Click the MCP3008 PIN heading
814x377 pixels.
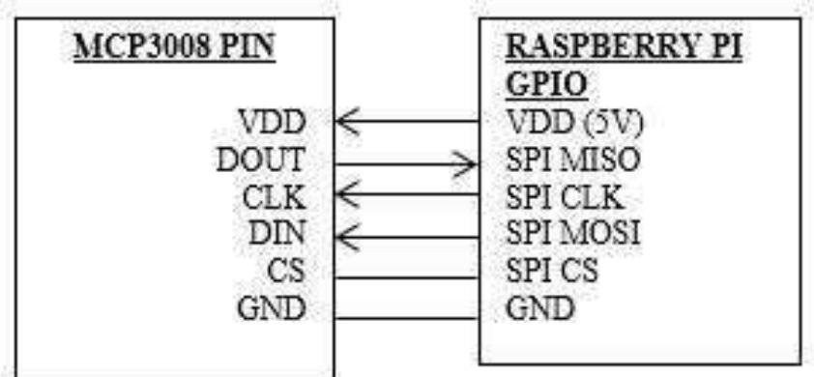174,48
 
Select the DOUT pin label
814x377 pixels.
260,159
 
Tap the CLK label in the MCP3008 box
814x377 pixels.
275,197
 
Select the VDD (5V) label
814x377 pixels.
574,123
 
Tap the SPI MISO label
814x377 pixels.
572,159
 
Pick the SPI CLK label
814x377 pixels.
565,197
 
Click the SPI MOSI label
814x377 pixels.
573,233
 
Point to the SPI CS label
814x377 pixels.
552,270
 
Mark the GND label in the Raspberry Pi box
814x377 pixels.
540,308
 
